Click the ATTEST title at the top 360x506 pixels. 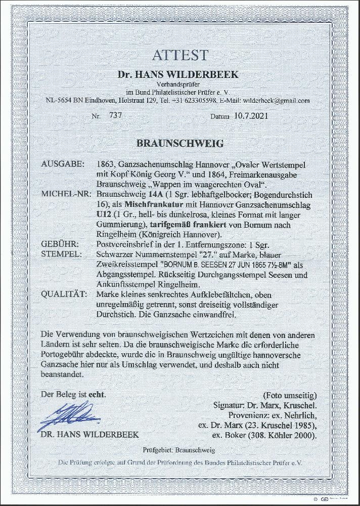click(179, 55)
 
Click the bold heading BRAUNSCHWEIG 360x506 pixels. click(180, 143)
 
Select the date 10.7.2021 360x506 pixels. click(251, 116)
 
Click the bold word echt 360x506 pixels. click(97, 393)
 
